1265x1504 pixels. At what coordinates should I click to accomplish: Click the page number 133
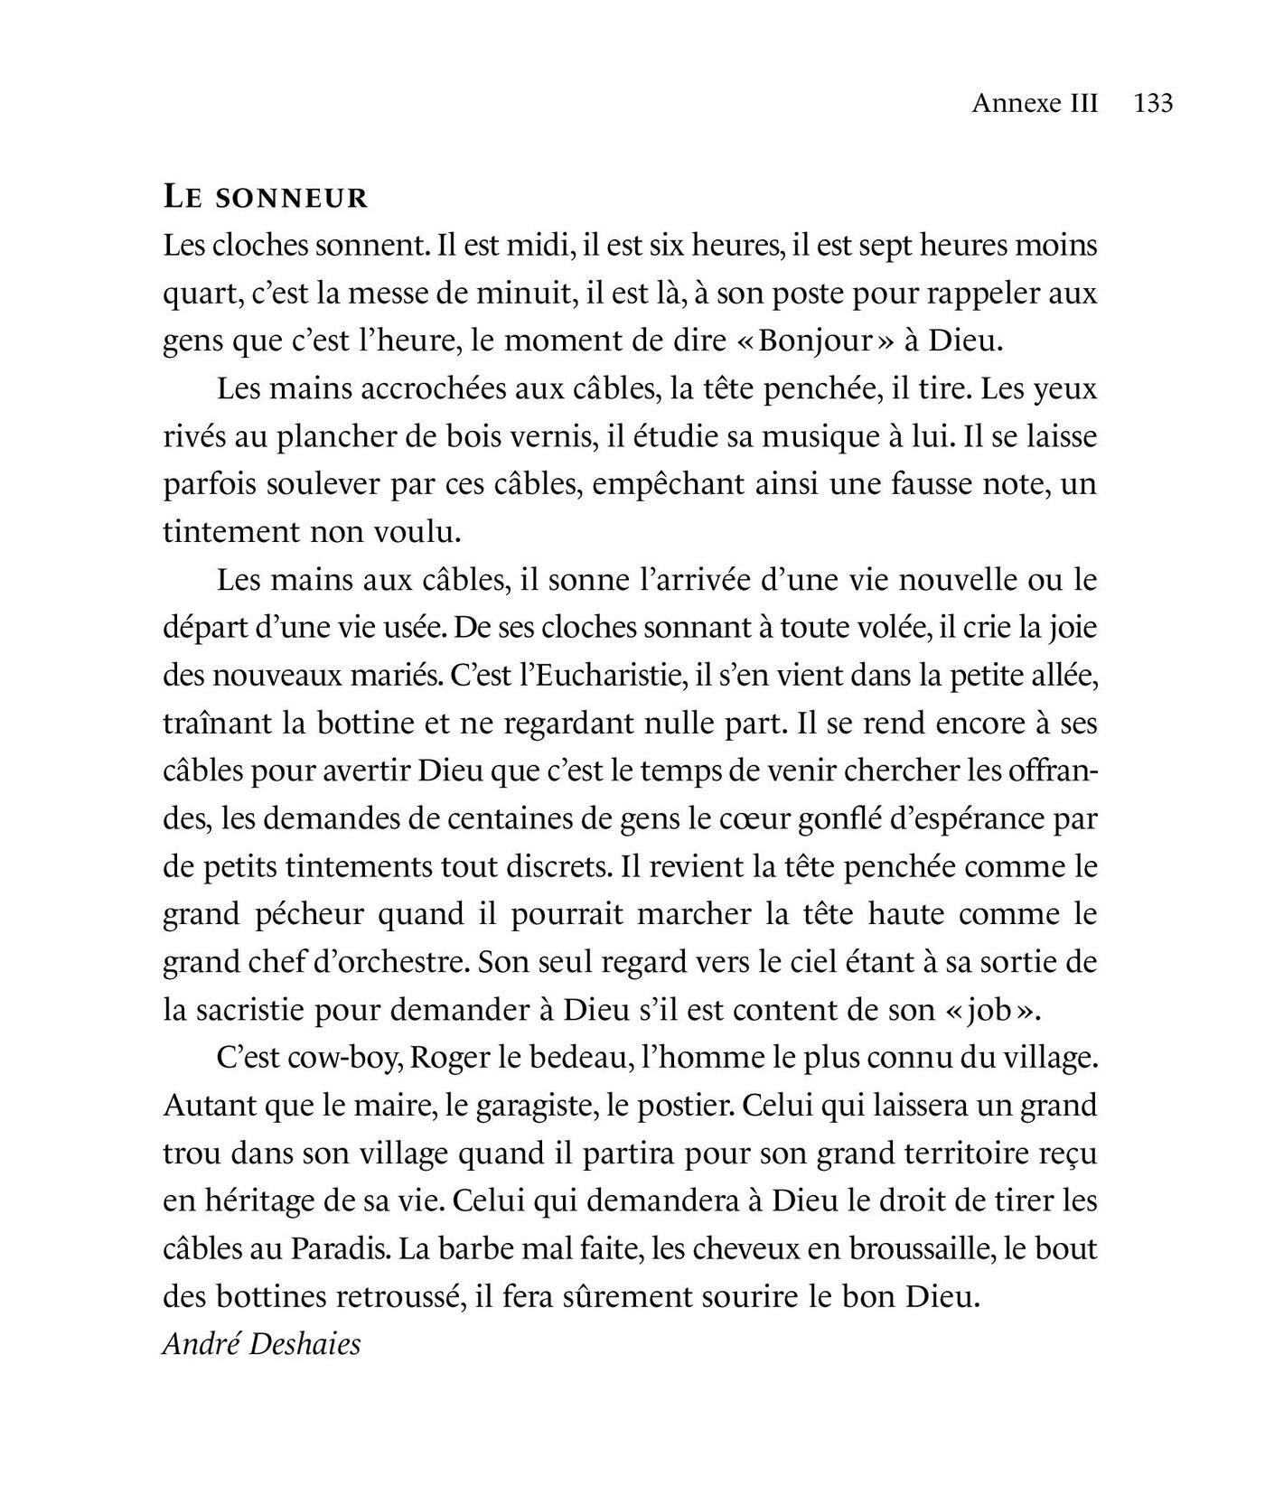[x=1153, y=103]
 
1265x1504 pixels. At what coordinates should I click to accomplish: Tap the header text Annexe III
[x=1035, y=103]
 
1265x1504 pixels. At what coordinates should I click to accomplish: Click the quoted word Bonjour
[x=816, y=341]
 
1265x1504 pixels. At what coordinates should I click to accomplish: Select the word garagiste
[x=529, y=1106]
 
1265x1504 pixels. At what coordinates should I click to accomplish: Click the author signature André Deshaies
[x=262, y=1344]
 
